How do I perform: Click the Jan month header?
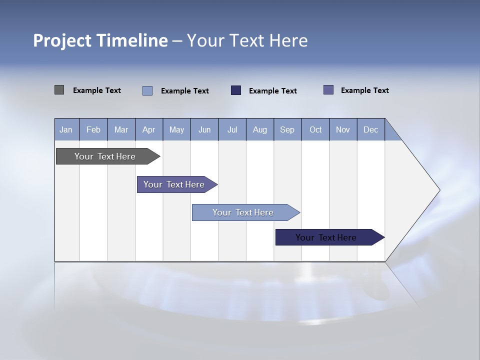(66, 129)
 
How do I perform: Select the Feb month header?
(93, 129)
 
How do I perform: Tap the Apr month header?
(149, 129)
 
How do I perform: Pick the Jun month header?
(204, 129)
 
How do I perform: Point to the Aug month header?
(260, 129)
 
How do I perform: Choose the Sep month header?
(287, 129)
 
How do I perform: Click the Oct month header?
(315, 129)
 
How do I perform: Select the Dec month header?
(371, 129)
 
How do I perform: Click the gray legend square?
(59, 90)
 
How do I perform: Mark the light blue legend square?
(147, 90)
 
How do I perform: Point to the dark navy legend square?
(236, 90)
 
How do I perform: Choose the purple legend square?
(328, 90)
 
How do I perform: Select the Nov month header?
(343, 129)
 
